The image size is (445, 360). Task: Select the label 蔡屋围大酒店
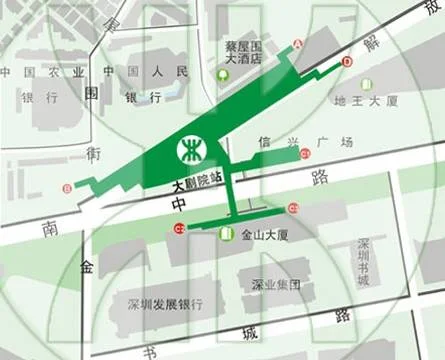point(244,53)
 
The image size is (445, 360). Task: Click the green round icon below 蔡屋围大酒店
point(229,76)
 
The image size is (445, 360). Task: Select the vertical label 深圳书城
point(364,262)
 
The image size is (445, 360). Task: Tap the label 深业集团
point(276,284)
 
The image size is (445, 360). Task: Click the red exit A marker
point(297,44)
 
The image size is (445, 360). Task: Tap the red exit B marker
point(67,187)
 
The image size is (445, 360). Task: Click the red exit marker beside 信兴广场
point(305,154)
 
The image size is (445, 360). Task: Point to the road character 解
point(372,44)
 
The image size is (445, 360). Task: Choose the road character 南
point(49,228)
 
